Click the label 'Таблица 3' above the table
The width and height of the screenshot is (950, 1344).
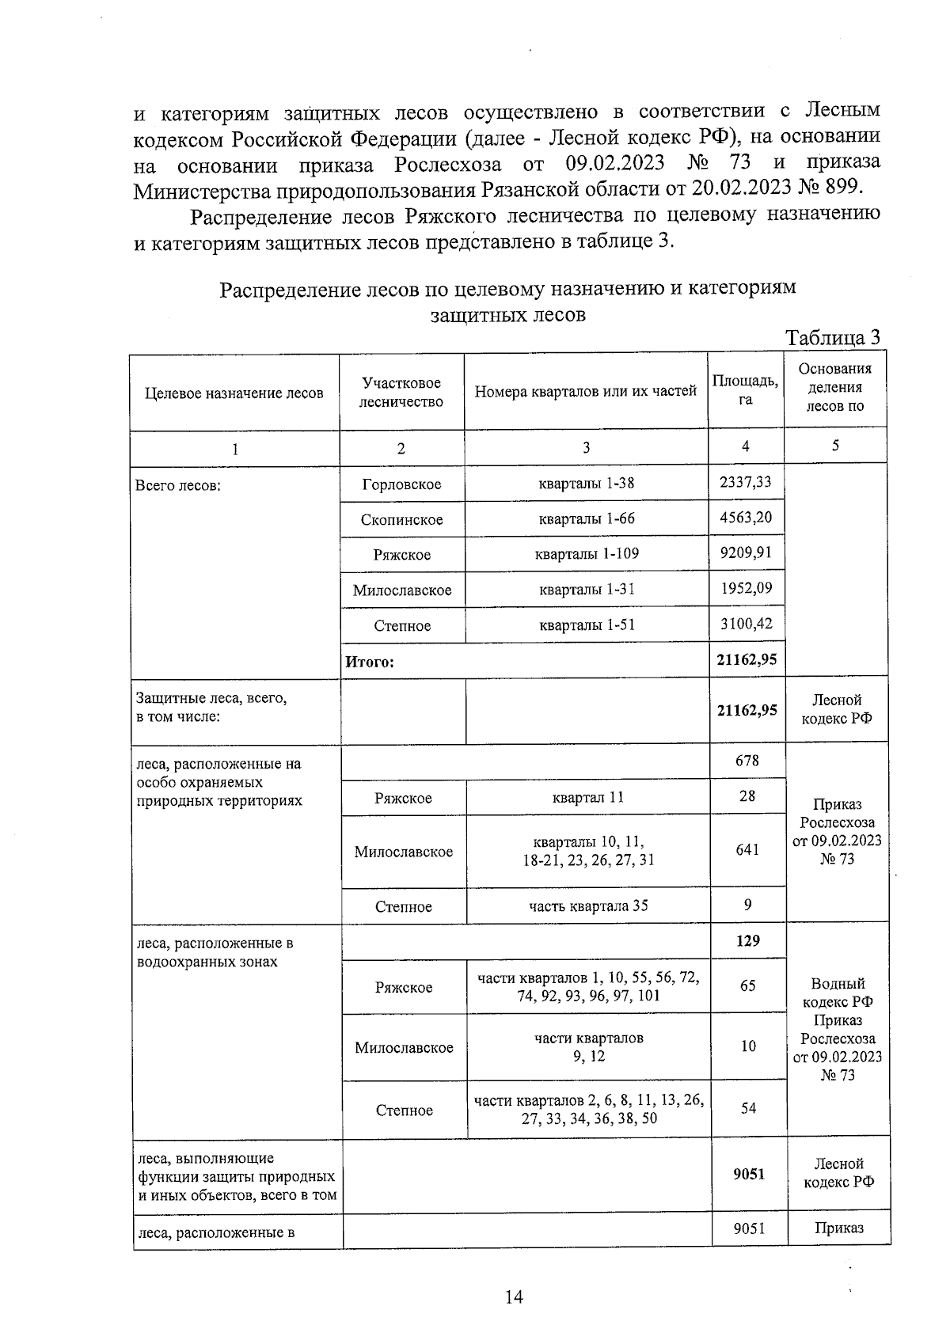pyautogui.click(x=832, y=338)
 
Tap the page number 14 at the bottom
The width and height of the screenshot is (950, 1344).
pyautogui.click(x=514, y=1297)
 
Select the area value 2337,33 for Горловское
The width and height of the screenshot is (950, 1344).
pyautogui.click(x=745, y=482)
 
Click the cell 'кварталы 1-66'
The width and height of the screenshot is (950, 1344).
pyautogui.click(x=586, y=518)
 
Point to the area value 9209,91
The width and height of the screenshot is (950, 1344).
pyautogui.click(x=745, y=552)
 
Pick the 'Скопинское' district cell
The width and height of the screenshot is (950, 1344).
pyautogui.click(x=401, y=520)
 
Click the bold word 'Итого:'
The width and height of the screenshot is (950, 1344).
pyautogui.click(x=370, y=662)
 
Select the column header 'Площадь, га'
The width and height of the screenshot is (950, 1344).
pyautogui.click(x=745, y=390)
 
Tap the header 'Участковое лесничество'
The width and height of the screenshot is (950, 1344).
pyautogui.click(x=401, y=392)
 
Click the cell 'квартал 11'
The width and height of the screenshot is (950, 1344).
pyautogui.click(x=587, y=797)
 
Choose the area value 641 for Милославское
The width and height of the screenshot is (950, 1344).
pyautogui.click(x=747, y=849)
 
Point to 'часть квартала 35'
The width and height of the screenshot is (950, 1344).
pyautogui.click(x=587, y=905)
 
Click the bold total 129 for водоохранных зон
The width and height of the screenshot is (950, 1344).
pyautogui.click(x=747, y=940)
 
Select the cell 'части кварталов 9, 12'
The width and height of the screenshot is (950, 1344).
pyautogui.click(x=588, y=1046)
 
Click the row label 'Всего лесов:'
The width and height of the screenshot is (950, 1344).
pyautogui.click(x=178, y=485)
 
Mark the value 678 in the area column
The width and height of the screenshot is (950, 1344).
pyautogui.click(x=747, y=760)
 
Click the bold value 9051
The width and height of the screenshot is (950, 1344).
pyautogui.click(x=749, y=1173)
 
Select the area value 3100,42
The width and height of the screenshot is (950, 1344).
pyautogui.click(x=746, y=624)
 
